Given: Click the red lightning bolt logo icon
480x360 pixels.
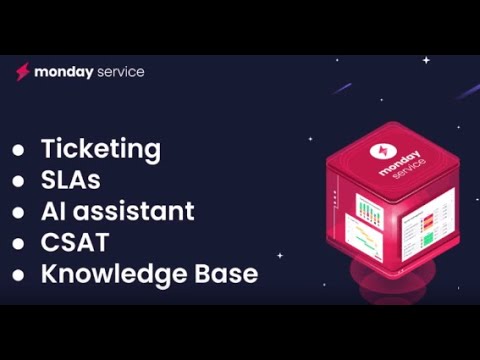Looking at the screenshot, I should (22, 72).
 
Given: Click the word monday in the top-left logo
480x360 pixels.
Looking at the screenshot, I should (64, 72).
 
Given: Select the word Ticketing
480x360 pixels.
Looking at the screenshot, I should (100, 149).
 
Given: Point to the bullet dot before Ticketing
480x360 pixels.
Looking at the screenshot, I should (18, 150).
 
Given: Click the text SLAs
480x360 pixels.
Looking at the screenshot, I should (71, 180).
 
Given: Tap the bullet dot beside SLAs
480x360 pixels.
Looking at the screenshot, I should (18, 181).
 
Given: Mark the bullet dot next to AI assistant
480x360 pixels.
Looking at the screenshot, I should (18, 212).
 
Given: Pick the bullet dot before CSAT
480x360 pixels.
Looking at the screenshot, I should (18, 243).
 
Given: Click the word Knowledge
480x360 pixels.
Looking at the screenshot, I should (106, 273).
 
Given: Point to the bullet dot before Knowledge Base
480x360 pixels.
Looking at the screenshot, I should (18, 274).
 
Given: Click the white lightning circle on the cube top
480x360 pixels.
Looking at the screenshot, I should (386, 150).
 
